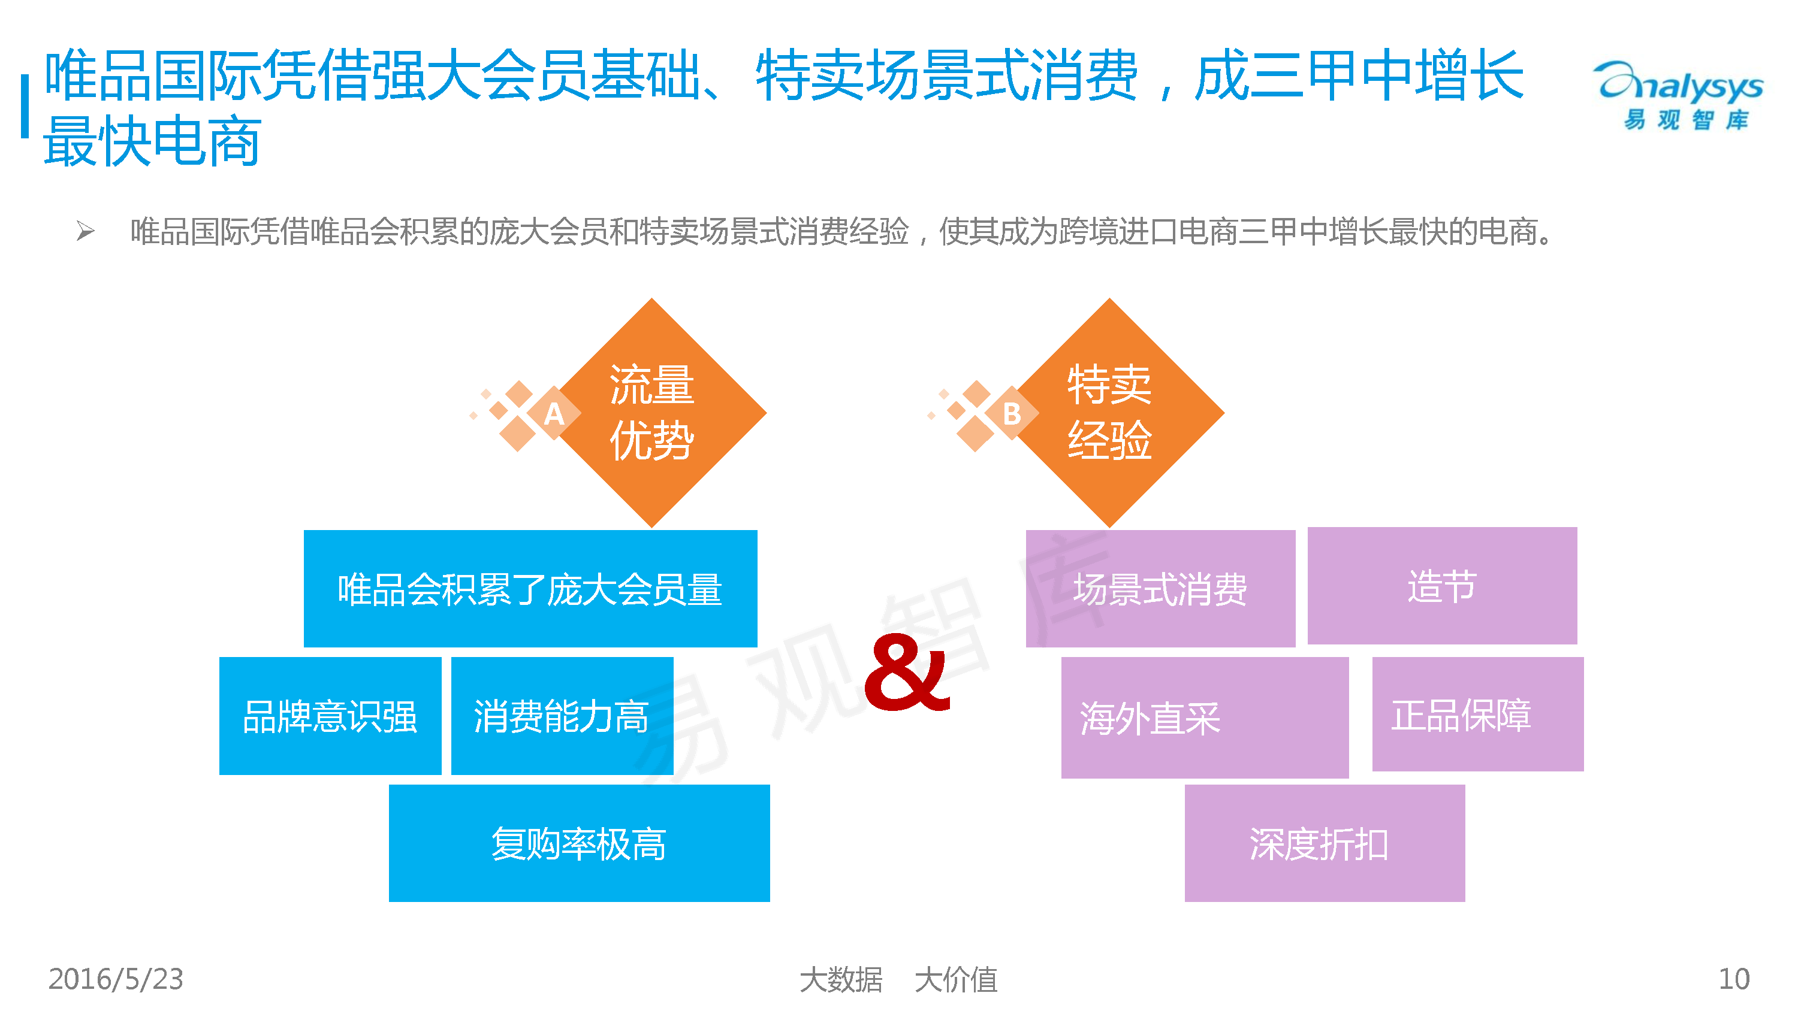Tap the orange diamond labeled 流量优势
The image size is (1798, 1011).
[x=652, y=413]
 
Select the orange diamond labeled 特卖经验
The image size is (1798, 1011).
[x=1109, y=413]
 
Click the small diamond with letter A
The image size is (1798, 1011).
[x=554, y=414]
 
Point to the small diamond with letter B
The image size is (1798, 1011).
[x=1012, y=414]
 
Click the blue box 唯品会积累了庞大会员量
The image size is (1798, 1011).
[x=530, y=589]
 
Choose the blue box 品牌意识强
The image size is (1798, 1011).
[x=330, y=716]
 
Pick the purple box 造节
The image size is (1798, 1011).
[x=1441, y=586]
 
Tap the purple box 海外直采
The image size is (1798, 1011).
[x=1204, y=718]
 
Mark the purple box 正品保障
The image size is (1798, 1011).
[x=1477, y=715]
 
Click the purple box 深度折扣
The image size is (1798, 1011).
[x=1324, y=843]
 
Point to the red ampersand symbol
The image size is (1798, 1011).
[x=907, y=673]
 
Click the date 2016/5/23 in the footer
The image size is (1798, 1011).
[x=116, y=979]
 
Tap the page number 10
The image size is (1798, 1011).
[x=1734, y=979]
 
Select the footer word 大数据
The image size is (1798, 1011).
[x=840, y=979]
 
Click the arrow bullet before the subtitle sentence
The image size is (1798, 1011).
[x=85, y=231]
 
